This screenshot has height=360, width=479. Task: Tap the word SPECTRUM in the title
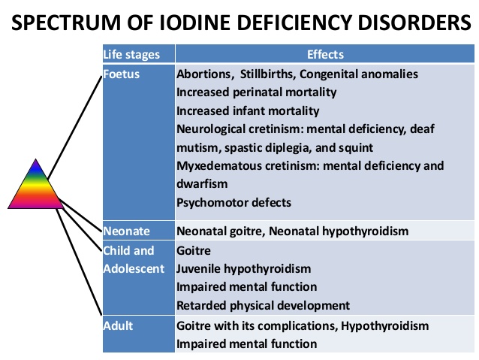click(66, 23)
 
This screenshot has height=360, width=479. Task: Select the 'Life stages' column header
click(131, 54)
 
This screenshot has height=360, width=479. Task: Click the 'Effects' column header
click(325, 54)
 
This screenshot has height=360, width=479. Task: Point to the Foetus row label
click(122, 74)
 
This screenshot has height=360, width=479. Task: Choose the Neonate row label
click(126, 231)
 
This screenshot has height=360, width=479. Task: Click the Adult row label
click(118, 325)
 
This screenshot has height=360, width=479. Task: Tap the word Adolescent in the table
click(134, 268)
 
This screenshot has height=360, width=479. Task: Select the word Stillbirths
click(267, 74)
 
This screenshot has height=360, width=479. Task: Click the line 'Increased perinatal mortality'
click(257, 92)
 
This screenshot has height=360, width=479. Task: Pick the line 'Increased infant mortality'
click(248, 110)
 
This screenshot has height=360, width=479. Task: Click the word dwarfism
click(202, 184)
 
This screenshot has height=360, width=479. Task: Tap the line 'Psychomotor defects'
click(233, 202)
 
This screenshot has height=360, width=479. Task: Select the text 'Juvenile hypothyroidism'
click(243, 269)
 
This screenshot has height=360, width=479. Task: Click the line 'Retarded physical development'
click(263, 305)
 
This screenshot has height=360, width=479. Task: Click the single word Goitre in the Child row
click(194, 251)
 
